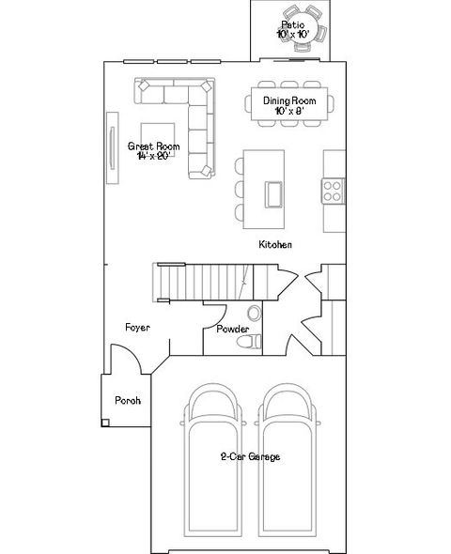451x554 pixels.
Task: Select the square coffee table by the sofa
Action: (159, 141)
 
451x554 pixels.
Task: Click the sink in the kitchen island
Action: (275, 192)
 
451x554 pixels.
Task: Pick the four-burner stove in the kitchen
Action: (334, 192)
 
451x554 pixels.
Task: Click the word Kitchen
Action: (275, 245)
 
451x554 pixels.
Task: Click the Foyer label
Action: (138, 328)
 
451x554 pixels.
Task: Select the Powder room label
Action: (231, 330)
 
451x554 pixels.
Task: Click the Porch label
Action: (128, 401)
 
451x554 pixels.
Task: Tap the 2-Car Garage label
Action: (250, 457)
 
